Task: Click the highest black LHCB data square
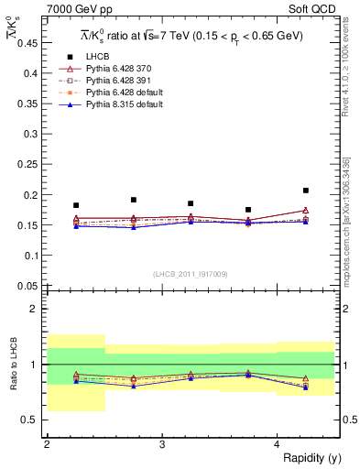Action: [306, 191]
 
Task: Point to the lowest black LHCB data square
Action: [248, 210]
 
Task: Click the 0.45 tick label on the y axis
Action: [29, 43]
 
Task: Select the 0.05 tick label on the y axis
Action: [29, 285]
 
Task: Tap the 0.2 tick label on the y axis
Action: [32, 194]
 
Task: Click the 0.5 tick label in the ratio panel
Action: [32, 420]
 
